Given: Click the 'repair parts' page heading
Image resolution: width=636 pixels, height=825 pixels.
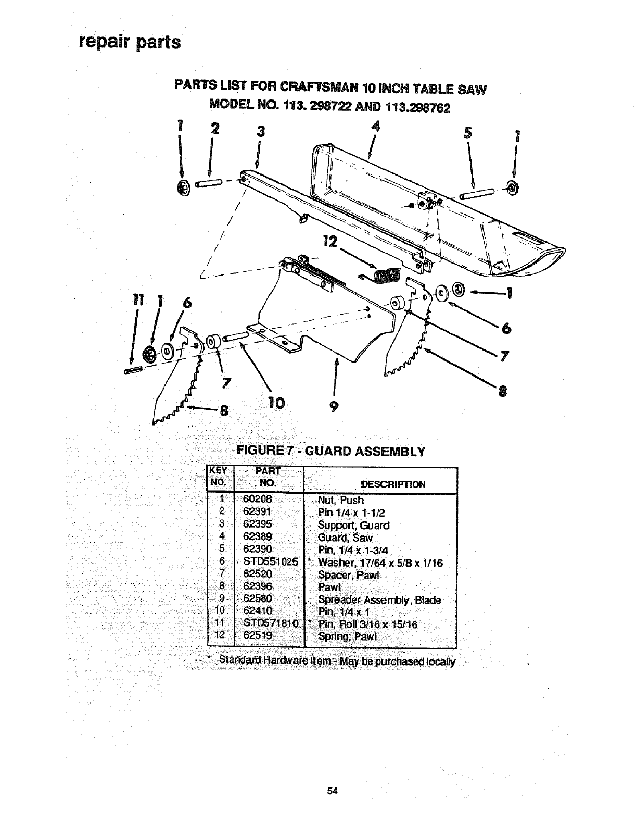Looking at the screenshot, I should click(130, 41).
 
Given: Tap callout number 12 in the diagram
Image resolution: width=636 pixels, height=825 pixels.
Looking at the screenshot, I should click(330, 242).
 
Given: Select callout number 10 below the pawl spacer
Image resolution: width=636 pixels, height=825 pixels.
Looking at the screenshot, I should click(275, 403).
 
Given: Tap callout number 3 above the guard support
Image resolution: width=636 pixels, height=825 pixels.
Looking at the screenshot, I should click(261, 132).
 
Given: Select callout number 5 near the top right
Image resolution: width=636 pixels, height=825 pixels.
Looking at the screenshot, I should click(468, 133).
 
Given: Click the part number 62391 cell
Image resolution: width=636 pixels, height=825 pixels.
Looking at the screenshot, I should click(258, 512).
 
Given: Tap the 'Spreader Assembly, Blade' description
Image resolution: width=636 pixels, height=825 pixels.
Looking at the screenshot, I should click(379, 599).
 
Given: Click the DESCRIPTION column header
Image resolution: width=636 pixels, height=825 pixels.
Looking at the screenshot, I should click(393, 484).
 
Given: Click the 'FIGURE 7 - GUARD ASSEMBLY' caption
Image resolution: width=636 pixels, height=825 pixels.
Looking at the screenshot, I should click(331, 451).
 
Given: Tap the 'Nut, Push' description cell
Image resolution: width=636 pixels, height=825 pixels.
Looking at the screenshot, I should click(341, 500).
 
